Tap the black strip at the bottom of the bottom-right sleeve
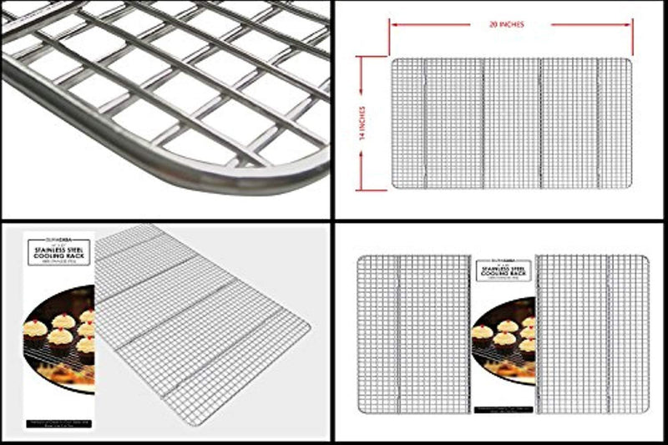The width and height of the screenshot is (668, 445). point(504,412)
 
